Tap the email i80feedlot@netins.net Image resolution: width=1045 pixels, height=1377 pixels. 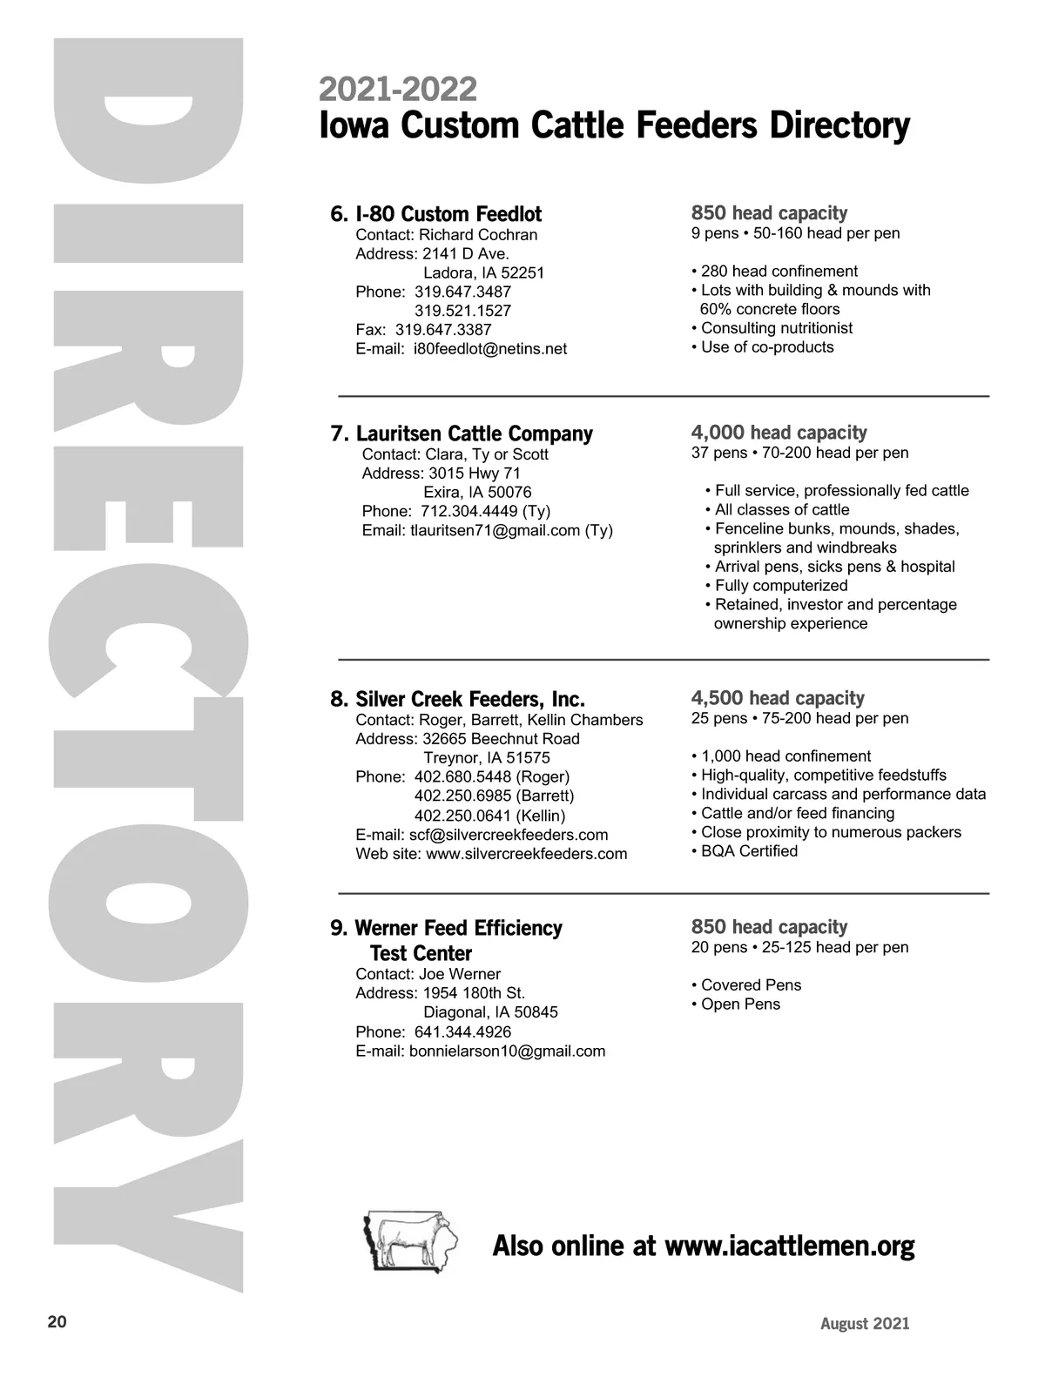489,349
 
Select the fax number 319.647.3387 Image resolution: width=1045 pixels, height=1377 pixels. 443,330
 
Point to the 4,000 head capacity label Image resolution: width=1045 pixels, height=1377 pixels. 779,433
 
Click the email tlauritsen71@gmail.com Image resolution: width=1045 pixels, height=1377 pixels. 495,530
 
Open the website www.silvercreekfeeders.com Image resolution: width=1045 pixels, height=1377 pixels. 526,854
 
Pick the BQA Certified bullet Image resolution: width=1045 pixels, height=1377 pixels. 749,851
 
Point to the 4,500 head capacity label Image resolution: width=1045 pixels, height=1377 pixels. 778,698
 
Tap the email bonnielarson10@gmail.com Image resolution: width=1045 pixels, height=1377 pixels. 507,1051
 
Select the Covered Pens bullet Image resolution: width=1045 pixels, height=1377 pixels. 751,985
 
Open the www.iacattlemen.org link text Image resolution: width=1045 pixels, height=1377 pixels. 789,1246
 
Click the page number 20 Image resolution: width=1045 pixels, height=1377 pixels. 57,1322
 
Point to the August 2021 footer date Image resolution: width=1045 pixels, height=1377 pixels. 865,1324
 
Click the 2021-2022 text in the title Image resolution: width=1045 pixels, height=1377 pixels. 398,89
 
